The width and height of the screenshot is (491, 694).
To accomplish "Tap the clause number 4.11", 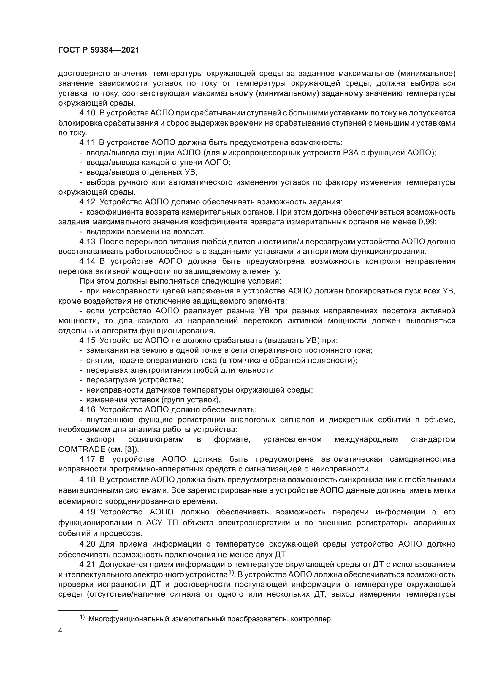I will point(87,143).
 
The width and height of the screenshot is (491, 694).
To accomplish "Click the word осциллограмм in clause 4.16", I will point(156,439).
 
